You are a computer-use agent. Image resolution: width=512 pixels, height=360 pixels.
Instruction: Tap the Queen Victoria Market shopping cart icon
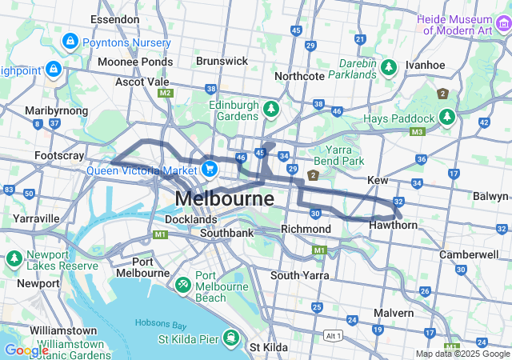pyautogui.click(x=210, y=169)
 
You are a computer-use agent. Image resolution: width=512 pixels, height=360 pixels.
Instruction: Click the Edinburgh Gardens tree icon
pyautogui.click(x=271, y=107)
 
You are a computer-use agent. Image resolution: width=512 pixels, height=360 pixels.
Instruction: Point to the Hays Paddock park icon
pyautogui.click(x=447, y=118)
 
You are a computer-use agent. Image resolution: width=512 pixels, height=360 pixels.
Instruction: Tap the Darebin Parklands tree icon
pyautogui.click(x=389, y=67)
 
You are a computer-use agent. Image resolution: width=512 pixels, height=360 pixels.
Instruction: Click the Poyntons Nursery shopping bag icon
pyautogui.click(x=70, y=40)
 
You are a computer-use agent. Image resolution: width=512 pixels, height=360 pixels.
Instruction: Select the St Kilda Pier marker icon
pyautogui.click(x=231, y=338)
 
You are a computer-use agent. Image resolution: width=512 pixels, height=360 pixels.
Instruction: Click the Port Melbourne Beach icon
pyautogui.click(x=182, y=284)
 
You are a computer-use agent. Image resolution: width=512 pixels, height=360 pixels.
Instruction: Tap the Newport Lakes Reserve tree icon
pyautogui.click(x=14, y=259)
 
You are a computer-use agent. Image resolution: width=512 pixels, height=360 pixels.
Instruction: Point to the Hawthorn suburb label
pyautogui.click(x=394, y=226)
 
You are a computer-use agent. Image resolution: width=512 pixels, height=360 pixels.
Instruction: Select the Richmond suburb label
pyautogui.click(x=306, y=230)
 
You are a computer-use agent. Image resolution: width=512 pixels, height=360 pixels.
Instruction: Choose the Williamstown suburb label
pyautogui.click(x=63, y=330)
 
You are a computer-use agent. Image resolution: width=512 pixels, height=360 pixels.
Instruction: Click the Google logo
pyautogui.click(x=26, y=350)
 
